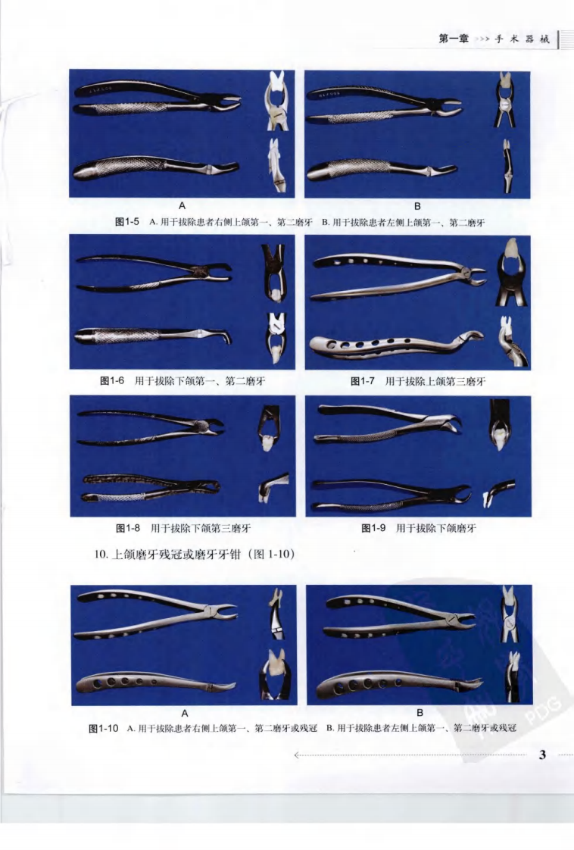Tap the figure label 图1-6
tap(113, 380)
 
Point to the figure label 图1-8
tap(128, 527)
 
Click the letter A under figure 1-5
tap(182, 206)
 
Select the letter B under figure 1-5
tap(417, 206)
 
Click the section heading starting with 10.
tap(192, 554)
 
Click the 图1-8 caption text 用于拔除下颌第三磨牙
tap(200, 528)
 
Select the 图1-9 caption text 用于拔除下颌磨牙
tap(439, 528)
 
